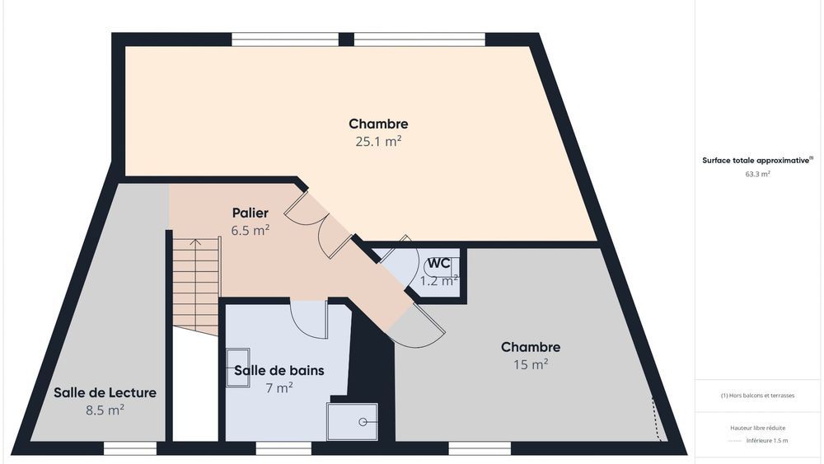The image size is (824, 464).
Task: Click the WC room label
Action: pyautogui.click(x=438, y=263)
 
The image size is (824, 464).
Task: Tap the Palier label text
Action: pyautogui.click(x=250, y=213)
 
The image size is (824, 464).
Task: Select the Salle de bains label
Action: pyautogui.click(x=279, y=370)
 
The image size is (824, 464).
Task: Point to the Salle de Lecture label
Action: pyautogui.click(x=105, y=392)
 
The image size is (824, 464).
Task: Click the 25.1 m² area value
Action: pyautogui.click(x=378, y=141)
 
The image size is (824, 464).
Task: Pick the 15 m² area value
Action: pyautogui.click(x=530, y=363)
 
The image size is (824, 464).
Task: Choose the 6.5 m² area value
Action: pyautogui.click(x=250, y=231)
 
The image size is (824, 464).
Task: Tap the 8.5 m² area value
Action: pyautogui.click(x=105, y=409)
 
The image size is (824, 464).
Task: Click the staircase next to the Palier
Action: pyautogui.click(x=195, y=284)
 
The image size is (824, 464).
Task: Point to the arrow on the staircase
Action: pyautogui.click(x=195, y=244)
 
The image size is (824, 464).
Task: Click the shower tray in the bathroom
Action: pyautogui.click(x=352, y=421)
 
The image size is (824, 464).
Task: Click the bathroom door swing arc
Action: pyautogui.click(x=309, y=321)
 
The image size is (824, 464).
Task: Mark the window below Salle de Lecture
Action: pyautogui.click(x=129, y=448)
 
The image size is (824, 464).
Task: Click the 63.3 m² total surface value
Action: pyautogui.click(x=757, y=175)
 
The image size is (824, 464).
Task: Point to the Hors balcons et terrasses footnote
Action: pyautogui.click(x=757, y=396)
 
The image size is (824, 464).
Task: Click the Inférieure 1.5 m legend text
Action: pyautogui.click(x=767, y=441)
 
